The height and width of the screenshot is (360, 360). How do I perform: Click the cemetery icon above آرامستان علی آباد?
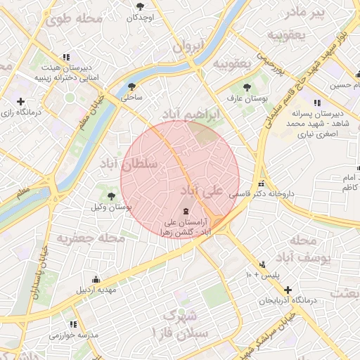(x=186, y=210)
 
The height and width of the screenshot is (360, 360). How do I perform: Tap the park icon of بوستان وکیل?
(x=112, y=195)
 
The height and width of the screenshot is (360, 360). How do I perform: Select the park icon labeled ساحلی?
(x=132, y=87)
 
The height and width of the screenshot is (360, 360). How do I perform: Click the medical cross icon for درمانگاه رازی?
(x=20, y=101)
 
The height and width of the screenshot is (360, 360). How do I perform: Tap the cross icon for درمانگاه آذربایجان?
(x=288, y=289)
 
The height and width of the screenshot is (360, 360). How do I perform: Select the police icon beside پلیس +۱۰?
(x=262, y=264)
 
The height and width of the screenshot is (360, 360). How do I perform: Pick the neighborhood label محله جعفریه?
(x=91, y=239)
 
